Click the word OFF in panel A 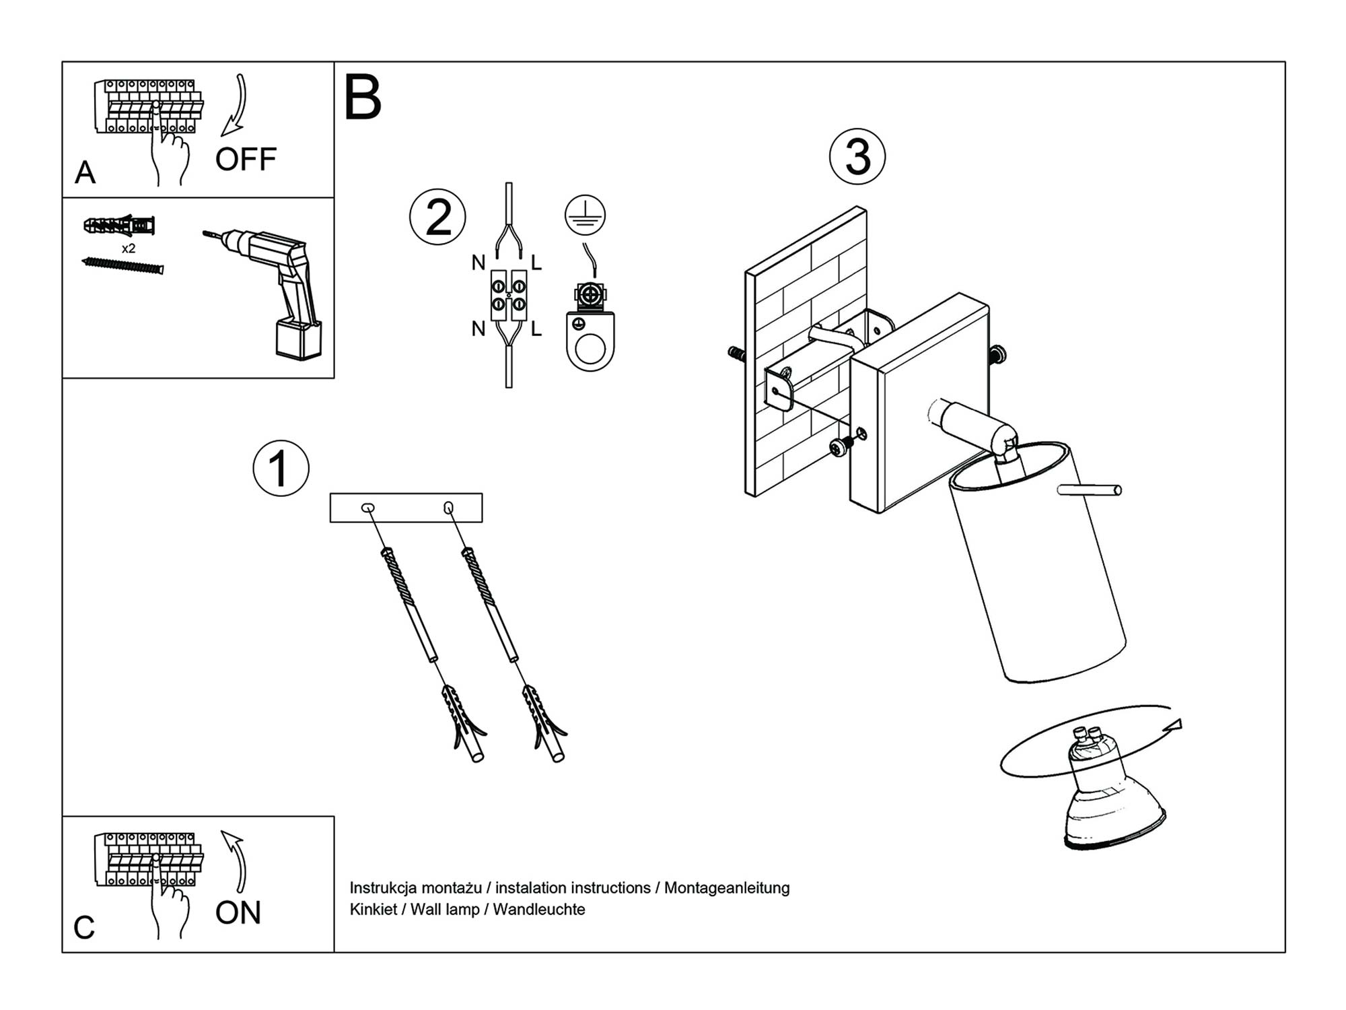(x=246, y=160)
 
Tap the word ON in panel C (x=238, y=913)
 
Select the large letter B (x=363, y=98)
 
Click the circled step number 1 (x=281, y=469)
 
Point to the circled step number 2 (x=437, y=217)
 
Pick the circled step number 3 (x=857, y=156)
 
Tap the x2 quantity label (x=129, y=248)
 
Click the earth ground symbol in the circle (x=585, y=215)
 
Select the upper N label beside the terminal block (x=479, y=263)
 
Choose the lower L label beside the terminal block (x=536, y=329)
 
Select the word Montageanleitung (x=727, y=887)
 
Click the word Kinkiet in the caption (x=373, y=910)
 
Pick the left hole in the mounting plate (x=368, y=508)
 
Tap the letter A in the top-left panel (x=85, y=172)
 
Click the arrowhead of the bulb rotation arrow (x=1175, y=725)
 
